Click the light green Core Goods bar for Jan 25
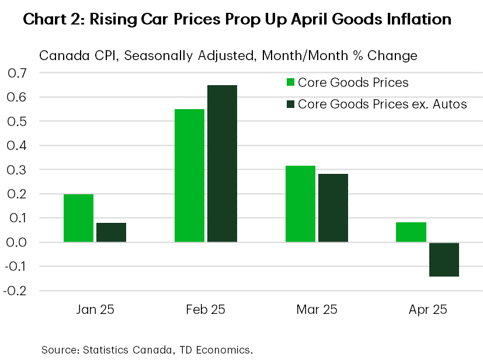(78, 218)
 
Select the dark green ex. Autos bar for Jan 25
(111, 232)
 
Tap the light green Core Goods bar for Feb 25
(189, 175)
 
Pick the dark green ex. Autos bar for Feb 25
(222, 163)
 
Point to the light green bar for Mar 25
(300, 204)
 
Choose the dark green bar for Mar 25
(333, 208)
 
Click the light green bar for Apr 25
(411, 232)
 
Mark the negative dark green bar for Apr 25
(444, 260)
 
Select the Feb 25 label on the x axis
(206, 309)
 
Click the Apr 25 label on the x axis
(428, 309)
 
